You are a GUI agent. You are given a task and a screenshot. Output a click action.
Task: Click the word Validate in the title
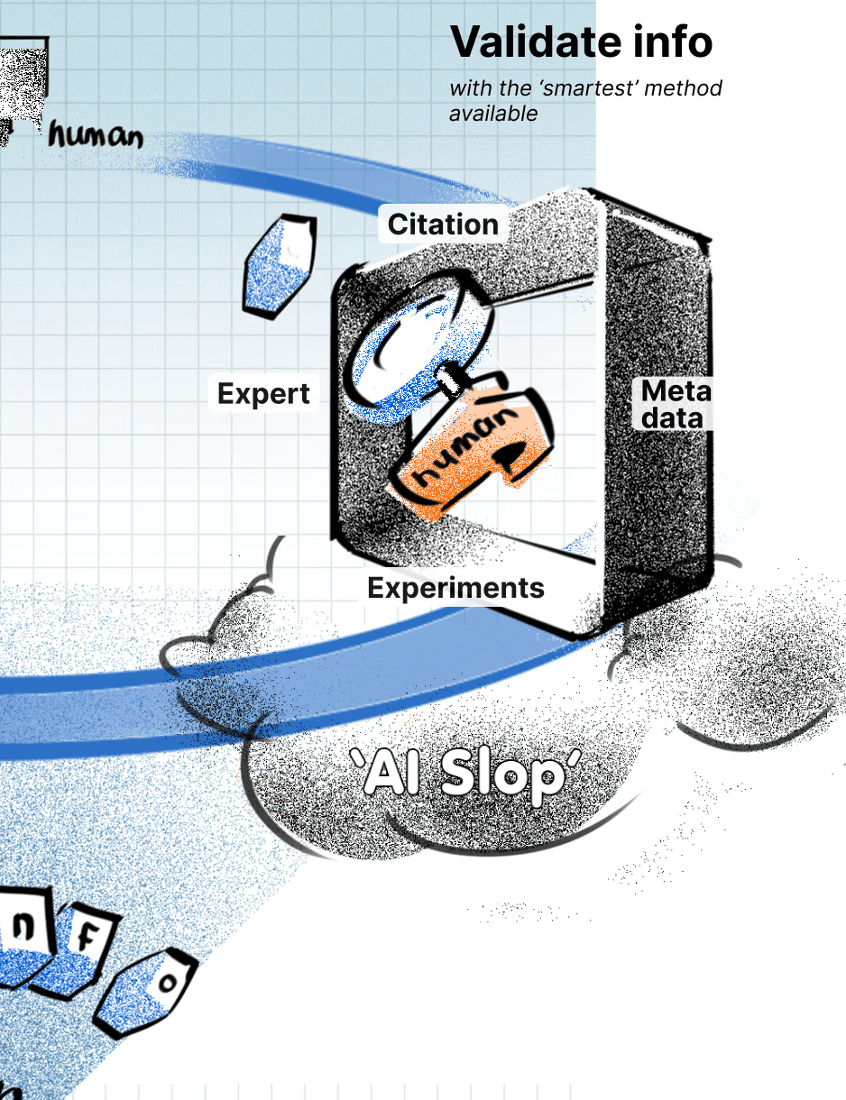[x=526, y=41]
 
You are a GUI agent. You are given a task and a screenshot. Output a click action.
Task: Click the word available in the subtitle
[x=493, y=113]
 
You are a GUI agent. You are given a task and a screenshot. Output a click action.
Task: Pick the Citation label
[x=443, y=225]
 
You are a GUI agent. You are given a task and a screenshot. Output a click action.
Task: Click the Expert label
[x=263, y=394]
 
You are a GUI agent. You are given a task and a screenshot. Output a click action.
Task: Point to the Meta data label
[x=676, y=404]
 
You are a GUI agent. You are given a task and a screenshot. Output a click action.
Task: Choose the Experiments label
[x=455, y=588]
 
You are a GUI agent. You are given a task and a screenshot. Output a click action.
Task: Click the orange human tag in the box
[x=469, y=451]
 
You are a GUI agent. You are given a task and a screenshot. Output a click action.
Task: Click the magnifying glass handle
[x=452, y=380]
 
